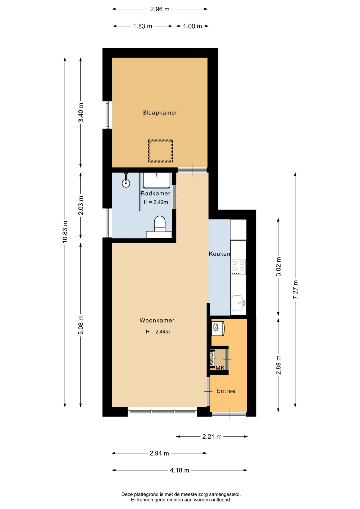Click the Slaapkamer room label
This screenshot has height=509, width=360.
coord(160,113)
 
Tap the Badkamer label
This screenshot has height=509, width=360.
coord(155,193)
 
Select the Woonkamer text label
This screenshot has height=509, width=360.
coord(157,320)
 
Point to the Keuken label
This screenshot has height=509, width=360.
coord(219,254)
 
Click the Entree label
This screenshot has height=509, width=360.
coord(226,391)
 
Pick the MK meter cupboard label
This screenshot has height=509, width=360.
coord(220,368)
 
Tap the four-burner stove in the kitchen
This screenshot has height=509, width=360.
coord(238,267)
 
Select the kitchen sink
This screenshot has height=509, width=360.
coord(238,303)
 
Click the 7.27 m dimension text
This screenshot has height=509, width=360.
coord(295,289)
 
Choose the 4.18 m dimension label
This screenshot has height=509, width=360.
coord(179,470)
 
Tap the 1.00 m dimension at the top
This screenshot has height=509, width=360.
coord(192,26)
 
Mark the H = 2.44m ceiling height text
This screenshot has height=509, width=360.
coord(158,331)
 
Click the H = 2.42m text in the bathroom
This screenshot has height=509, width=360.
coord(156,202)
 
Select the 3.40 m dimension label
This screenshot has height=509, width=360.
coord(81,112)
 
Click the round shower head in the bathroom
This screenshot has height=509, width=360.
coord(126,183)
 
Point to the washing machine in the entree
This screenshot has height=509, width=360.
coord(218,328)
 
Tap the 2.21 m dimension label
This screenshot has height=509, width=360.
coord(212,437)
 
